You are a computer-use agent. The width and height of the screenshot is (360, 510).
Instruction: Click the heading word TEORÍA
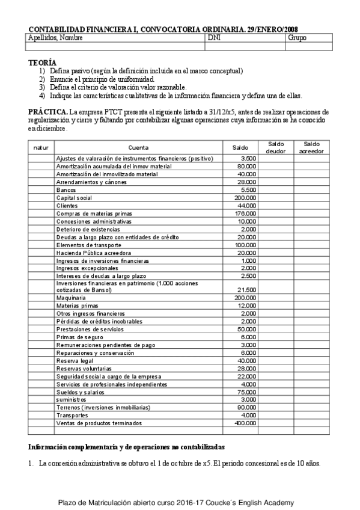[43, 63]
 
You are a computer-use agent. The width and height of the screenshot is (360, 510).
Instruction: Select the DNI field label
[213, 38]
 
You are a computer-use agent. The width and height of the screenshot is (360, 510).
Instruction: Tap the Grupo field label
[297, 38]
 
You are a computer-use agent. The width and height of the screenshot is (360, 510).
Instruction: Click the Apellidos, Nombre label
[55, 38]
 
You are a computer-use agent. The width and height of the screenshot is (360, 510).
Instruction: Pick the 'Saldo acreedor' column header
[311, 147]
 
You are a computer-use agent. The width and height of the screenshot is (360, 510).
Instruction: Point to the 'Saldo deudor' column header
[276, 147]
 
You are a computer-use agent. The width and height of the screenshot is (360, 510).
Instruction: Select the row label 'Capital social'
[75, 197]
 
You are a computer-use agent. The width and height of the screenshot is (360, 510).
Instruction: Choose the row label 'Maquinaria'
[71, 298]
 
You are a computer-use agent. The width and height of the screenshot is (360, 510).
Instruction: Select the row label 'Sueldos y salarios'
[80, 392]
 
